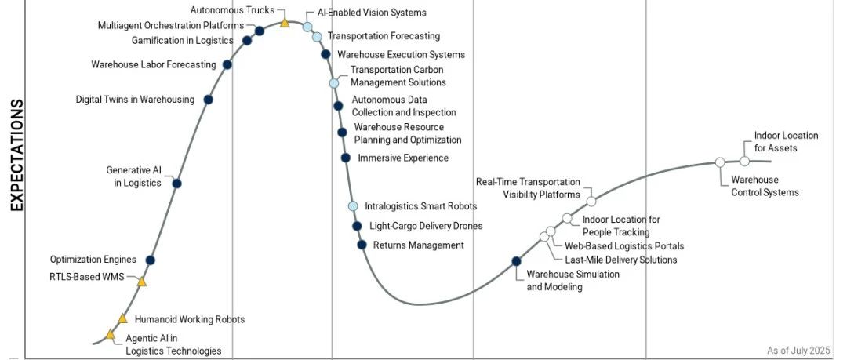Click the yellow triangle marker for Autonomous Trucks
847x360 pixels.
[285, 22]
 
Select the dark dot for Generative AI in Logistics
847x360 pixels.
[176, 184]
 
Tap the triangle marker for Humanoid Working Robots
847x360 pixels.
[122, 318]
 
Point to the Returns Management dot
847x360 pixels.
[362, 245]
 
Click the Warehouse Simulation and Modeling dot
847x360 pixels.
[516, 261]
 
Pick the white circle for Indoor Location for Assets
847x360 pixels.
[744, 161]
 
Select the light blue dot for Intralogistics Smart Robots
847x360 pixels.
[353, 206]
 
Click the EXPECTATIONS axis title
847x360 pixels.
[16, 155]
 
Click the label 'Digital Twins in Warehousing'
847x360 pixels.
[135, 100]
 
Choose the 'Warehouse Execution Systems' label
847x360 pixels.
[401, 55]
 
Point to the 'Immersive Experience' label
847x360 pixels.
[403, 158]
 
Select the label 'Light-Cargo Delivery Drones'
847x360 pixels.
[426, 226]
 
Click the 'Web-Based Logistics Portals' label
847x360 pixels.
[624, 246]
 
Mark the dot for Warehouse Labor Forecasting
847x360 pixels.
[227, 64]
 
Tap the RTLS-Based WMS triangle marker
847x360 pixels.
[141, 282]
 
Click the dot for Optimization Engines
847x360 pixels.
[151, 260]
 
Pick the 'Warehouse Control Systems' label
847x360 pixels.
[765, 186]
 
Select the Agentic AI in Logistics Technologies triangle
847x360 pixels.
[111, 335]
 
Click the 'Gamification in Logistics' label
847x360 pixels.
[182, 40]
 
